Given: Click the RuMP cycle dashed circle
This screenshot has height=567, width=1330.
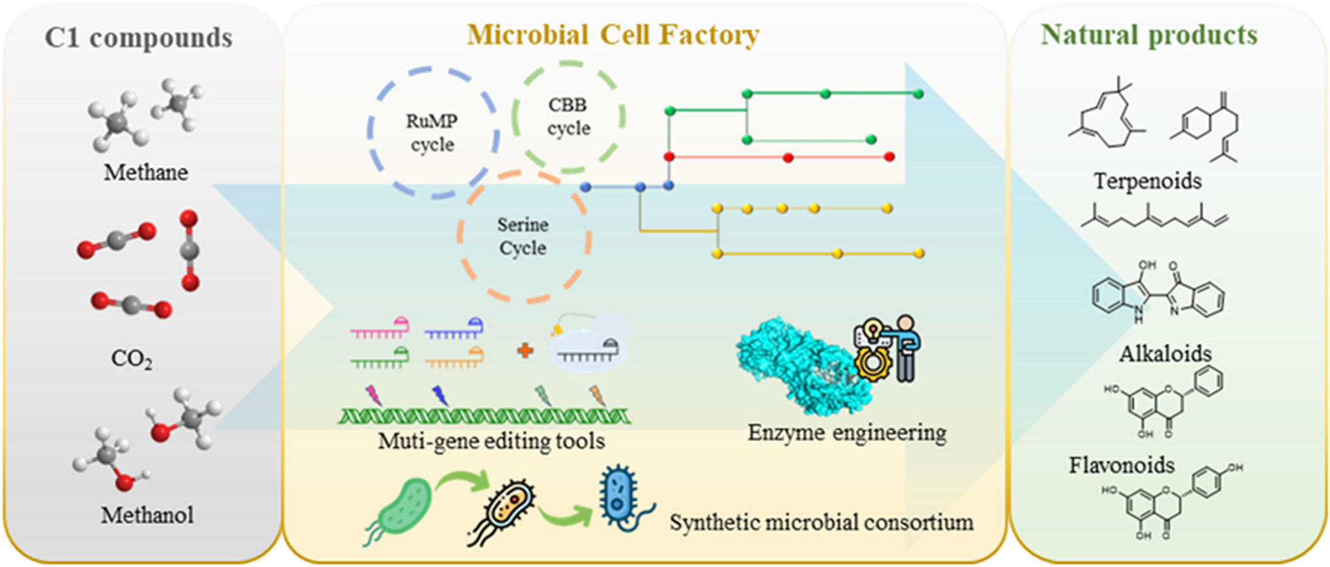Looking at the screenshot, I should (433, 132).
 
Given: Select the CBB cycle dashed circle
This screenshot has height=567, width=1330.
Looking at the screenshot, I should (568, 116).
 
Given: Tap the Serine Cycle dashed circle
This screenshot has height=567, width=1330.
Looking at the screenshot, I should (523, 236).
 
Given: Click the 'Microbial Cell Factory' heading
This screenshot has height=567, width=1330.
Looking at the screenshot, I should (613, 35).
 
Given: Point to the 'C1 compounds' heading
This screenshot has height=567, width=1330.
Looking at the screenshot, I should (138, 38).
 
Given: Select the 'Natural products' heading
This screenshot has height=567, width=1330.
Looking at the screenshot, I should (1149, 35).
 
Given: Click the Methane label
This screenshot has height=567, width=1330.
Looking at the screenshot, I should (146, 172).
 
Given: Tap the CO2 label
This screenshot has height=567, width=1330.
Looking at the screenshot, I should (132, 358).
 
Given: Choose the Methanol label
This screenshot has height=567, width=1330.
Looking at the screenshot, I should (147, 515).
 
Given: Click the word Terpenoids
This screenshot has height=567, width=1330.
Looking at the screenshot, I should (1147, 181).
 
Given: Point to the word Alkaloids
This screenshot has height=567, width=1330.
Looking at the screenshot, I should (1165, 353).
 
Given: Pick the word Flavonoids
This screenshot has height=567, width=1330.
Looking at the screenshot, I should (1122, 465).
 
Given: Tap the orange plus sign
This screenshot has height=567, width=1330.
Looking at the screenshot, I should (525, 350).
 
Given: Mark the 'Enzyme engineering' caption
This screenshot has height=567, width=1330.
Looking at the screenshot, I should (847, 433).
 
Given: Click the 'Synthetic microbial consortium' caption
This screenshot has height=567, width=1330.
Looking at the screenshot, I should (821, 522).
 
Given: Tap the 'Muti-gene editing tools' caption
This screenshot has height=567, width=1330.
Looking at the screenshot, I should (491, 441).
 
